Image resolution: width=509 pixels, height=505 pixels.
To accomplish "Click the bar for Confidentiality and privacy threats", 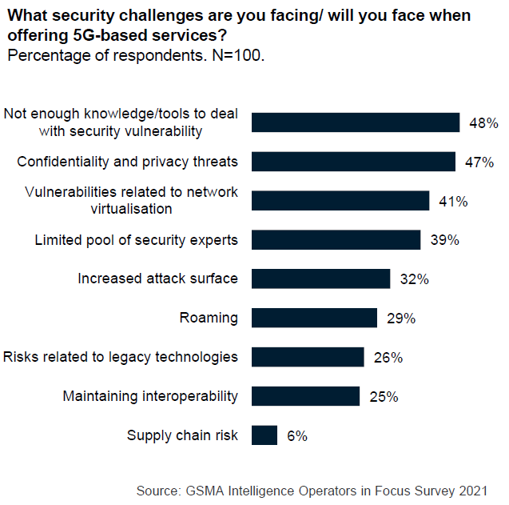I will (353, 162).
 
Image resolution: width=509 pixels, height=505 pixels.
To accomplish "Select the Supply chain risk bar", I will (264, 435).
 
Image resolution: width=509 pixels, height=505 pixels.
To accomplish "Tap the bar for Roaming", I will (314, 318).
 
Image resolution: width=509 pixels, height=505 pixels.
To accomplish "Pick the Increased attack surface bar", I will (320, 279).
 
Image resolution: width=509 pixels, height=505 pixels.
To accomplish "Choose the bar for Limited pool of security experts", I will (336, 240).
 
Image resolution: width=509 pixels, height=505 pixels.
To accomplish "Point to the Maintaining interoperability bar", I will (305, 396).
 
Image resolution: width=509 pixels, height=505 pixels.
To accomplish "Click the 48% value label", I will (483, 123).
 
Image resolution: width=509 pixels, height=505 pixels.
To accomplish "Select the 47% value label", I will (479, 162).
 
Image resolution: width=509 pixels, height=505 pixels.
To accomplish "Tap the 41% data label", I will (452, 201).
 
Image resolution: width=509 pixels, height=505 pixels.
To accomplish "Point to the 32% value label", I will (413, 279).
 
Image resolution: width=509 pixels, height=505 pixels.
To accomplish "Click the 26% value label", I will (387, 358).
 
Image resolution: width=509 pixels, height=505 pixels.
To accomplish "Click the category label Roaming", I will (209, 318).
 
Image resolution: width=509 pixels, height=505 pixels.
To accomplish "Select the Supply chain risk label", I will (182, 435).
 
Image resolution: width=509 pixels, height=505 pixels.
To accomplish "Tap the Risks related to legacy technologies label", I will (121, 357).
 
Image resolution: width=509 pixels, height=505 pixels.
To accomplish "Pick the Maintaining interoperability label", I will (150, 396).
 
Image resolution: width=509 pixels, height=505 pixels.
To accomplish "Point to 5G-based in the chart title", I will (101, 36).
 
